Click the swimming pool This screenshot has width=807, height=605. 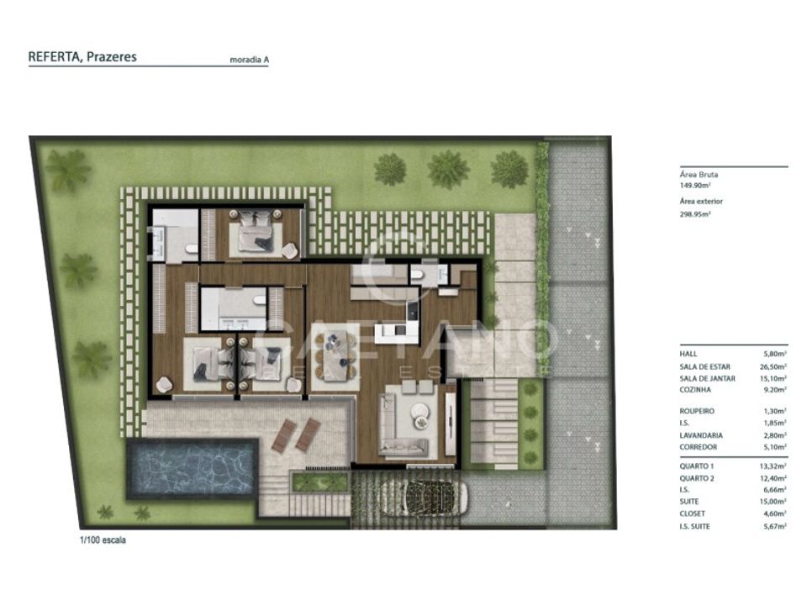click(x=192, y=469)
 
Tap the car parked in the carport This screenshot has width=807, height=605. click(x=430, y=498)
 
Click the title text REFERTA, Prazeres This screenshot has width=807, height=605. click(x=82, y=56)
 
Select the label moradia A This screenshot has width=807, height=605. click(x=249, y=60)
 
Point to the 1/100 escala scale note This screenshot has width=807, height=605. click(x=103, y=540)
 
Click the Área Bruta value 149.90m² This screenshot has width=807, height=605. click(x=695, y=185)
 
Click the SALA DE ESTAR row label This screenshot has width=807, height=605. click(x=704, y=367)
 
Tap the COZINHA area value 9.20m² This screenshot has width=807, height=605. click(x=775, y=390)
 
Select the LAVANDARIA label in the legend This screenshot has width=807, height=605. click(x=701, y=435)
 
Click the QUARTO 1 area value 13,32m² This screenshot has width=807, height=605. click(x=773, y=466)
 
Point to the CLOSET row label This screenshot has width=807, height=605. click(x=692, y=513)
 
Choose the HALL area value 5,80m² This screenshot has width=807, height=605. click(x=775, y=354)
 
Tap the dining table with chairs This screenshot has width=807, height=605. click(x=335, y=355)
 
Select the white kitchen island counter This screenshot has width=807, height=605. click(x=396, y=333)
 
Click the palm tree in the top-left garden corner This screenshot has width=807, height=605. click(x=68, y=170)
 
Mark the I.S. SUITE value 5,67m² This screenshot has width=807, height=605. click(x=774, y=526)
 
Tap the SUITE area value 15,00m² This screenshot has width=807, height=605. click(x=773, y=502)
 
